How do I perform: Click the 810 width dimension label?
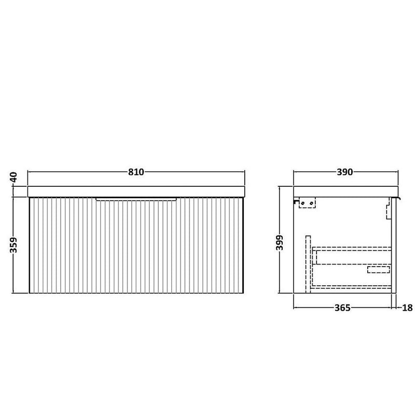click(x=136, y=172)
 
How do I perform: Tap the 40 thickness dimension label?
click(x=13, y=177)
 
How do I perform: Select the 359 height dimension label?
click(x=13, y=245)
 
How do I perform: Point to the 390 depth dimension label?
click(x=345, y=172)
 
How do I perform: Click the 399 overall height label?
click(x=280, y=242)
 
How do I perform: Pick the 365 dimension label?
click(x=342, y=308)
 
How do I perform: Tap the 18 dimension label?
click(x=407, y=308)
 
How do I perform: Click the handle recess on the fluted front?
click(x=136, y=199)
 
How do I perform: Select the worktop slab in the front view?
click(x=136, y=191)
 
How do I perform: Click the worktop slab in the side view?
click(x=345, y=191)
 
